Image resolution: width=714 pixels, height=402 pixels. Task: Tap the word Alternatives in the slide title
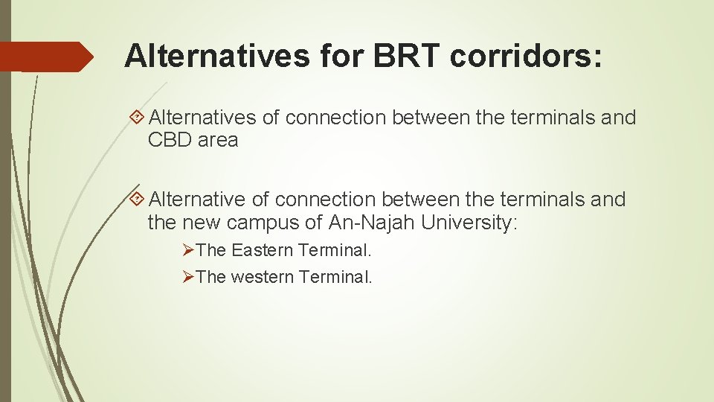click(216, 56)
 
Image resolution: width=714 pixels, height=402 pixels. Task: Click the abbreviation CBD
click(170, 140)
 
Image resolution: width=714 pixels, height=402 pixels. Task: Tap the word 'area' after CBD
click(218, 140)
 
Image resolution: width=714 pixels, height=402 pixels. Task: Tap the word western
click(263, 277)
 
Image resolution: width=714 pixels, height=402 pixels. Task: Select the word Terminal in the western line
click(335, 277)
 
